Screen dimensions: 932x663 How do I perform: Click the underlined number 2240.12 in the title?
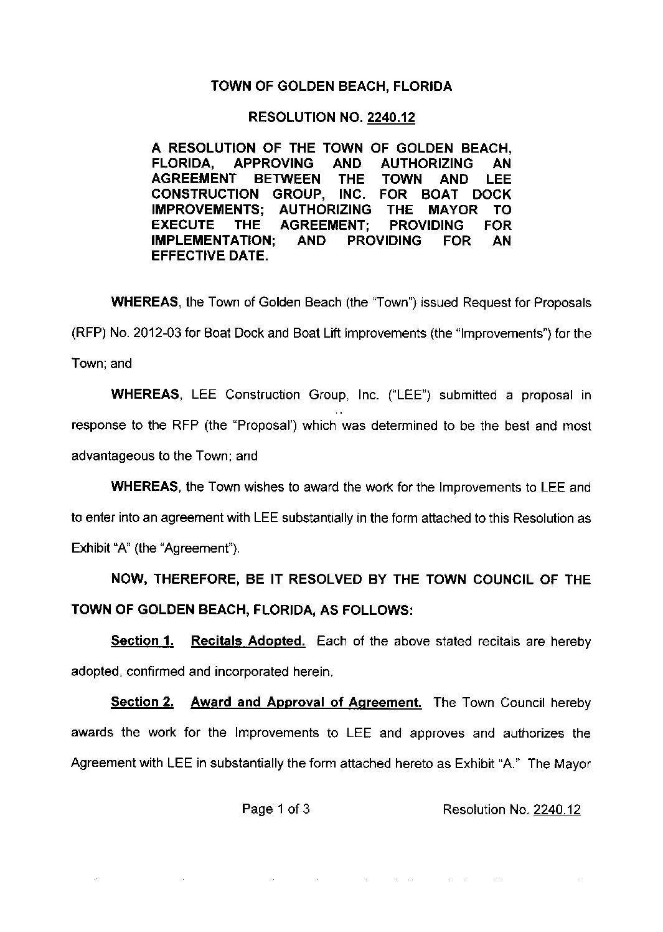391,117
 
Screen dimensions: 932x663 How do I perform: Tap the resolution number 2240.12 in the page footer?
557,809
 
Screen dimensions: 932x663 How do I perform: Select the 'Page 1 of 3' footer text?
276,809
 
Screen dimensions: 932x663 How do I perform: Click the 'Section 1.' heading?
141,641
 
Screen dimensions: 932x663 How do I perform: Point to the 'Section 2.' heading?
141,702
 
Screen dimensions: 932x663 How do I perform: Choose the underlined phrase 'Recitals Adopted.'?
248,641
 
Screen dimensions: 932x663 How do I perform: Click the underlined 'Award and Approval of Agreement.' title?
306,702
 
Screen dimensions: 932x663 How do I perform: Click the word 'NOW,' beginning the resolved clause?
128,579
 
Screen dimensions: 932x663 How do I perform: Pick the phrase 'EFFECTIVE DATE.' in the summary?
210,256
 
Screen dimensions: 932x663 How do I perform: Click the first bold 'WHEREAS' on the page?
145,303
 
